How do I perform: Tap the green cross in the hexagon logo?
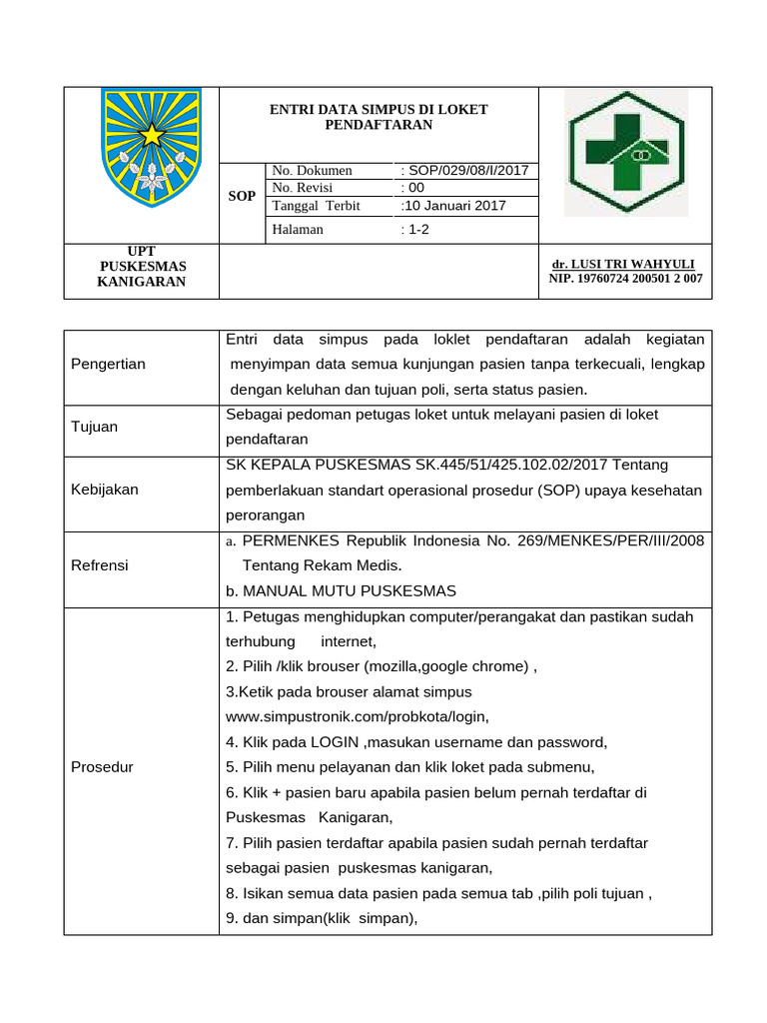tap(626, 152)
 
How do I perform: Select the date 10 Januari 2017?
tap(454, 206)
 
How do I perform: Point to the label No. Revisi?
tap(303, 188)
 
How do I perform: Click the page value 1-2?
tap(414, 230)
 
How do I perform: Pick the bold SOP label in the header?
tap(242, 196)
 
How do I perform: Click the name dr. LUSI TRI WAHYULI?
tap(624, 264)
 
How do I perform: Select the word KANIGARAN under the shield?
tap(141, 282)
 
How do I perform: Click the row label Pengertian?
tap(108, 364)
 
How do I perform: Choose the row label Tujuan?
tap(94, 427)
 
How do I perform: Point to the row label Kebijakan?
tap(105, 490)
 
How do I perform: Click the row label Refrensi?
tap(100, 565)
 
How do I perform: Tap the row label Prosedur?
tap(102, 767)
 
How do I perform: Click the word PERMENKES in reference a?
tap(292, 540)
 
